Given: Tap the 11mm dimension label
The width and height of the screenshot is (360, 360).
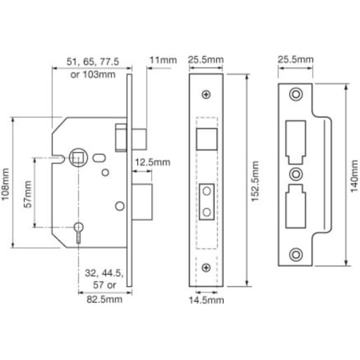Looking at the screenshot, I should click(x=164, y=62).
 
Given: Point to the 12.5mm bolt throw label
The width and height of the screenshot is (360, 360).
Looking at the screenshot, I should click(x=152, y=162).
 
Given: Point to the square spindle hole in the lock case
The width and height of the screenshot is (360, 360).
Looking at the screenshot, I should click(x=75, y=155).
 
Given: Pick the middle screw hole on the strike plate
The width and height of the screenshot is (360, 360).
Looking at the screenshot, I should click(x=297, y=173).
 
